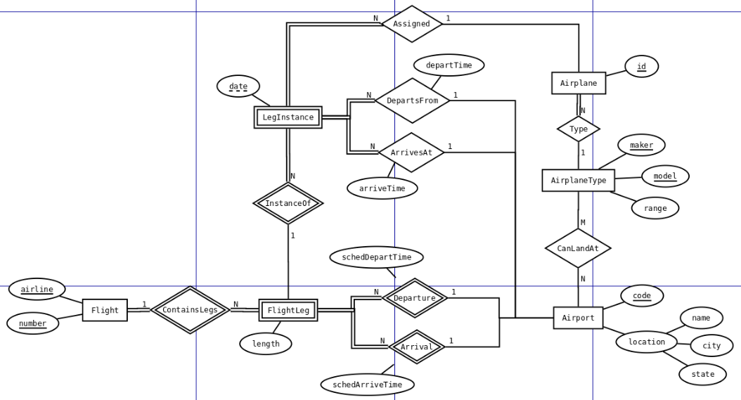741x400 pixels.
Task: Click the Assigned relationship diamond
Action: tap(411, 24)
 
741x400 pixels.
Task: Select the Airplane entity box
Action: tap(578, 83)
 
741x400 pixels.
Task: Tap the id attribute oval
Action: tap(641, 67)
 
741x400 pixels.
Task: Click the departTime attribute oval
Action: tap(449, 65)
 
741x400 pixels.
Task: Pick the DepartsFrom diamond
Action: tap(412, 101)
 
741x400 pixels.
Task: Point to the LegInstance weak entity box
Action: tap(288, 117)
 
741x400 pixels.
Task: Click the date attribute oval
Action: tap(238, 86)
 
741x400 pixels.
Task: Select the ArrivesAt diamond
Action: tap(411, 153)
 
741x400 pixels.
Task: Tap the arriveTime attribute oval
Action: tap(382, 188)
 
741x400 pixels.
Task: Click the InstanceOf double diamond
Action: tap(288, 204)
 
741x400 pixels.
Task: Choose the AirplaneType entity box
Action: tap(578, 180)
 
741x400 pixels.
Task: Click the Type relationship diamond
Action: tap(578, 129)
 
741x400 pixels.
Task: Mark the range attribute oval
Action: tap(655, 208)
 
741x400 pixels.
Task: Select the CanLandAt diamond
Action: tap(577, 248)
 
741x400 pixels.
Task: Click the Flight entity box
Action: tap(105, 310)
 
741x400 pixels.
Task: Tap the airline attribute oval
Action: tap(37, 289)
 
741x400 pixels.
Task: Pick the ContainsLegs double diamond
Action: tap(190, 310)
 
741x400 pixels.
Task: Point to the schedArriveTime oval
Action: tap(367, 385)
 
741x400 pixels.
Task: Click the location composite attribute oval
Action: tap(646, 342)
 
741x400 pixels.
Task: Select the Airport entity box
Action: tap(578, 318)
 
